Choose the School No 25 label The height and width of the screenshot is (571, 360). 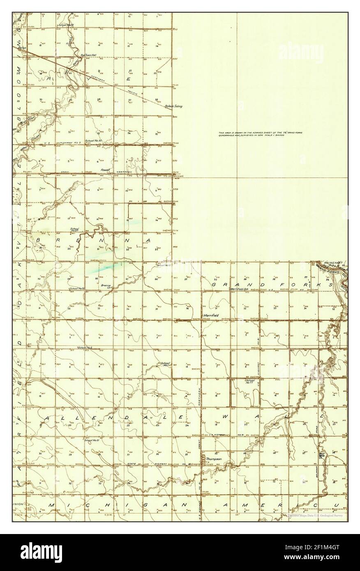[65, 25]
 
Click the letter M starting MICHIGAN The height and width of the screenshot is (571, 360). [51, 504]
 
